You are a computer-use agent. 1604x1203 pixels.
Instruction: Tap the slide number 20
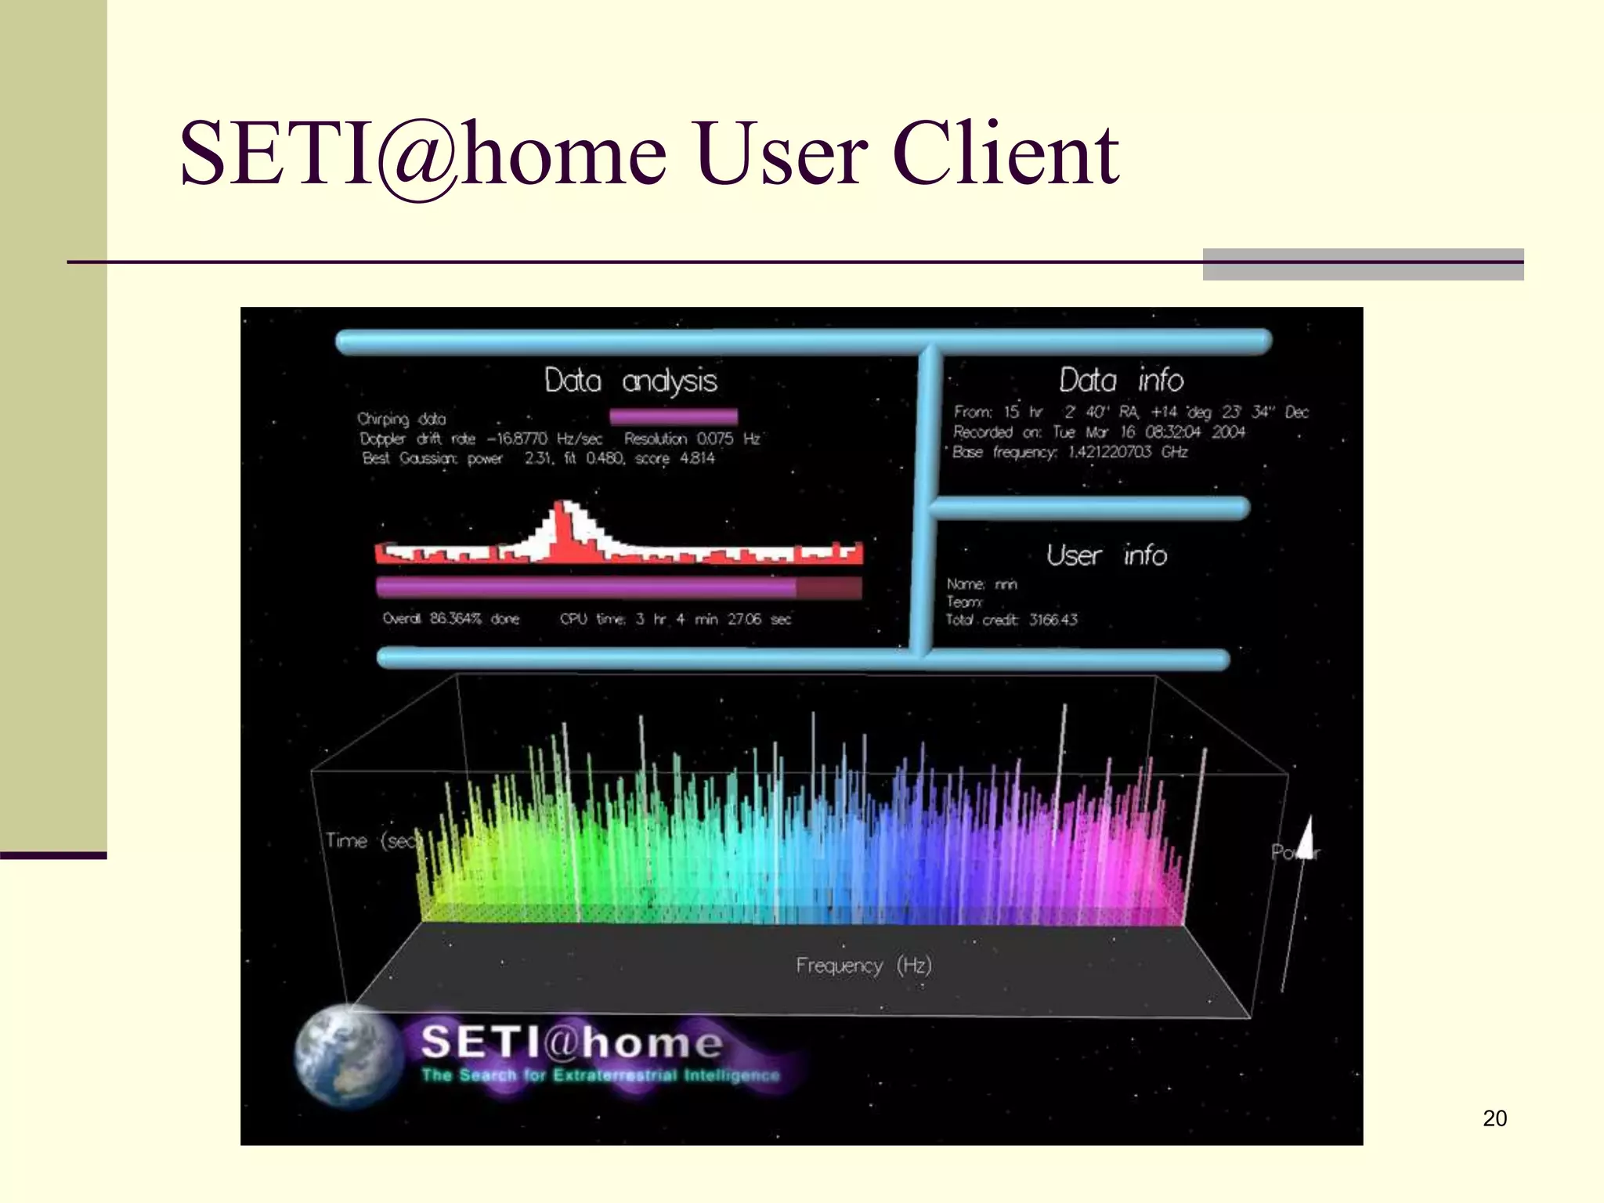1494,1118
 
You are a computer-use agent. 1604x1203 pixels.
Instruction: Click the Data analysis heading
630,381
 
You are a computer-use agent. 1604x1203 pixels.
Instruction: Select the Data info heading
1121,381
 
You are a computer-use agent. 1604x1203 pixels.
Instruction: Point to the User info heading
1106,556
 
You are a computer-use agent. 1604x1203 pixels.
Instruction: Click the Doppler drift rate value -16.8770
517,439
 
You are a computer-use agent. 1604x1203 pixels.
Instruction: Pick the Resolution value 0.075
715,439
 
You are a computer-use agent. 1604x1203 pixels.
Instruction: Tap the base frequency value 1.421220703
1110,452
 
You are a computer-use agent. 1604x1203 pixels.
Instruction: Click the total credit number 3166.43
1053,620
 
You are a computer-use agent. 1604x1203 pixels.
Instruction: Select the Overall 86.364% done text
451,619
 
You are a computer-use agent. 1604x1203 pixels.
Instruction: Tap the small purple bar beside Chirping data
674,416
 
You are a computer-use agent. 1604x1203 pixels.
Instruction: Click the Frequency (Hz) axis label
864,966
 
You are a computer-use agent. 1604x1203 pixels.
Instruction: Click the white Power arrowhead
1306,836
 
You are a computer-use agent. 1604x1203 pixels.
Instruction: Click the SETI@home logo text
572,1042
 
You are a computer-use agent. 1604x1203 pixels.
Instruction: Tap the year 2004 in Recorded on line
1229,432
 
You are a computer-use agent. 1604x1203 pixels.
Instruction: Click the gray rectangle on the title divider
1363,265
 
